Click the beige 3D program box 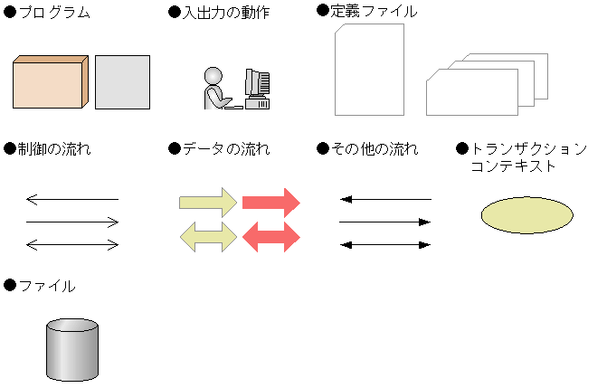51,82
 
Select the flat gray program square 122,82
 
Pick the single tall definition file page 369,70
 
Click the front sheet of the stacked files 472,92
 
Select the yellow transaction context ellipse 526,215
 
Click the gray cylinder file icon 72,350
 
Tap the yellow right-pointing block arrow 208,203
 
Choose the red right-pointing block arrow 271,203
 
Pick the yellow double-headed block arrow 208,237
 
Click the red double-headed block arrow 271,237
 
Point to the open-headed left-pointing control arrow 72,199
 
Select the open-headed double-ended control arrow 72,245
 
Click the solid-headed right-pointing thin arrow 385,222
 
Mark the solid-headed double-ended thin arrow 385,245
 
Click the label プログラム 54,13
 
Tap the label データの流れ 226,148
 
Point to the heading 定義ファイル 374,11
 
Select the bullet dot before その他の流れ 323,148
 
